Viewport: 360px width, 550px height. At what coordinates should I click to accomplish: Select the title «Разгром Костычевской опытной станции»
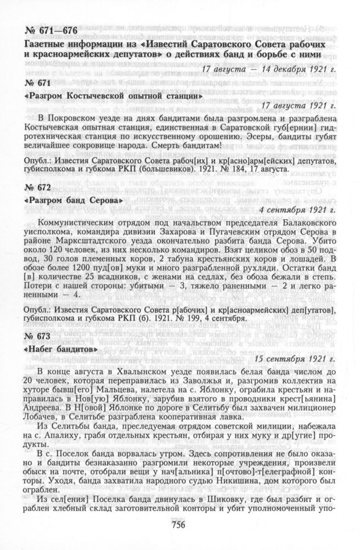106,95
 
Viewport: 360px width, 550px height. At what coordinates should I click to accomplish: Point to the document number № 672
40,188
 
